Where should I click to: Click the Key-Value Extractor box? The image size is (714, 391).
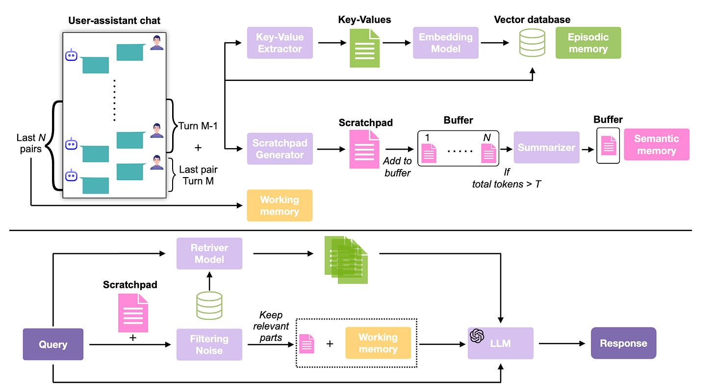coord(280,43)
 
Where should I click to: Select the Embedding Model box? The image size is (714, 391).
coord(446,43)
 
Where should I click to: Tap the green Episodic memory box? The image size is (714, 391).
coord(588,43)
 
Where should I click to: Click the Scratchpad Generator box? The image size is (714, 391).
coord(280,149)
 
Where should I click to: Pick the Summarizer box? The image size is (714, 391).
coord(546,147)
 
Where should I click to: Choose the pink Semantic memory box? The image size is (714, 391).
coord(657,144)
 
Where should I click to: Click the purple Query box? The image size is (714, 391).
coord(53,344)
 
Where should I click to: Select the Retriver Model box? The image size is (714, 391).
coord(209,253)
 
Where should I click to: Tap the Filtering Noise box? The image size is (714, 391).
coord(209,344)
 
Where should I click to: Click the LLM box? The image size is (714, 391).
coord(500,343)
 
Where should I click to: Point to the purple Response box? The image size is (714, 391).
coord(623,343)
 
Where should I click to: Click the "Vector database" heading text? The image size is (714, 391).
coord(532,20)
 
